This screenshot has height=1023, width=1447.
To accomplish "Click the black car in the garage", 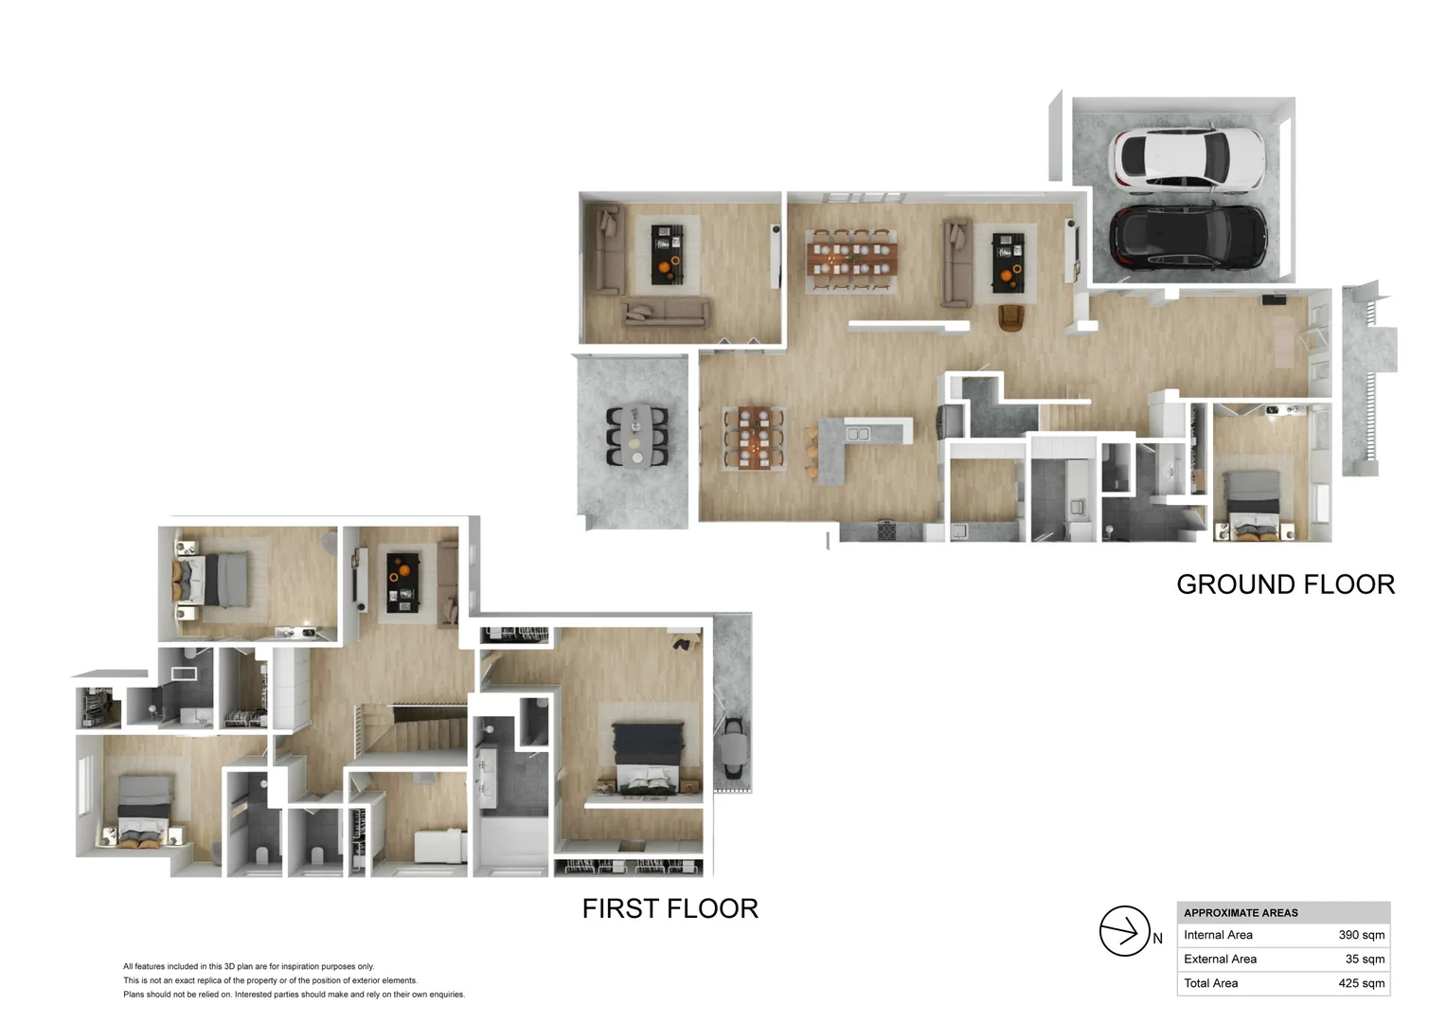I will [x=1188, y=236].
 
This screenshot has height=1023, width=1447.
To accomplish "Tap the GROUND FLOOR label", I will [x=1285, y=584].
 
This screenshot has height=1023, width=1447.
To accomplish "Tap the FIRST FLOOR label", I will [x=670, y=908].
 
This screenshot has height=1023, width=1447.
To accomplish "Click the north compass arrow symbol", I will [x=1124, y=931].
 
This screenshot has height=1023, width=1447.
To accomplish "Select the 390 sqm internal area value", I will [x=1361, y=935].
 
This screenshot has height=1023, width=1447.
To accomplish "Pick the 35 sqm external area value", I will [x=1365, y=959].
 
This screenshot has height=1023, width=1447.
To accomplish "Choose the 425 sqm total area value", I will [x=1361, y=983].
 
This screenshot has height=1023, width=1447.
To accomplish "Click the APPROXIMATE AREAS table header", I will [x=1241, y=913].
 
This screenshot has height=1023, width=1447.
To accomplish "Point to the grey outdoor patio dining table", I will [x=637, y=436].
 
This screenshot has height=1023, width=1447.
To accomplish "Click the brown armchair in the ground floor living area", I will [x=1011, y=318].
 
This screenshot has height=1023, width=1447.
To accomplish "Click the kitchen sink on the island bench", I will [x=858, y=434].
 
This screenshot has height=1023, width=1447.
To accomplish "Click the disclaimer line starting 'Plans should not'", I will [x=294, y=995].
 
